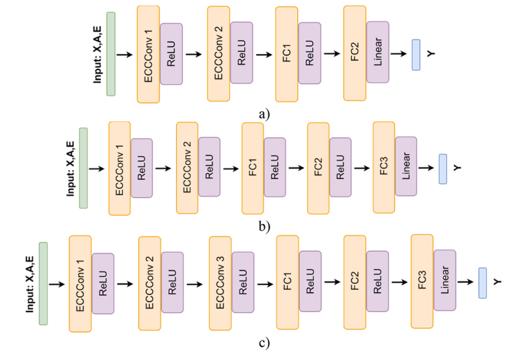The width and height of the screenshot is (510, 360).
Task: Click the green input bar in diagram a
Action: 111,54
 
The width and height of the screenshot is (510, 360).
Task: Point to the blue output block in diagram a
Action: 416,55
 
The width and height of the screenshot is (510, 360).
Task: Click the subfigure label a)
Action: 264,114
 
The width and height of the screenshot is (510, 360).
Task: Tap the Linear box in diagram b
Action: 406,166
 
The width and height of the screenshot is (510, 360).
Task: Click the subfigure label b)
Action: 264,227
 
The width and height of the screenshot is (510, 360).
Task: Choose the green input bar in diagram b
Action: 83,168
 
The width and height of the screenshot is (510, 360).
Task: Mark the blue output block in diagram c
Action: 482,282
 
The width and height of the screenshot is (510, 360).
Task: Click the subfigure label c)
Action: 264,341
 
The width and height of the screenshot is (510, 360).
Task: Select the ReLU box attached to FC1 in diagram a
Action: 310,52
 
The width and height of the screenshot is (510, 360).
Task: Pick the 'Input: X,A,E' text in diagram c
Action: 30,283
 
